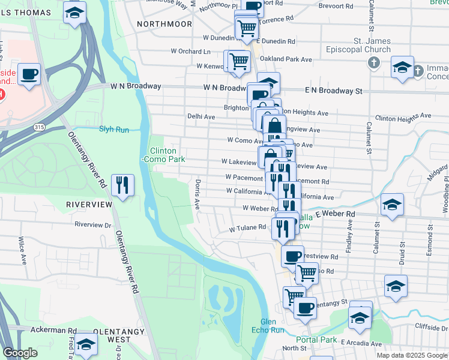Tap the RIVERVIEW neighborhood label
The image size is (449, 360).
89,205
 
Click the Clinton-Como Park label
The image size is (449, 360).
163,155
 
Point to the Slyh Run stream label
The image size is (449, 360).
114,129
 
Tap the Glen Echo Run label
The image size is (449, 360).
273,326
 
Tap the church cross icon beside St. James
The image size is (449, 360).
373,62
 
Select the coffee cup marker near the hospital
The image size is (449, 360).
29,75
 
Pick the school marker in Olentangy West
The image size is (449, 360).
86,344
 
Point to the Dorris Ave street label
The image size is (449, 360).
197,193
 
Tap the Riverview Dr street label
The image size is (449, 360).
93,225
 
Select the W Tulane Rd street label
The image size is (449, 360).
247,227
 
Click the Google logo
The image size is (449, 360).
20,353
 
